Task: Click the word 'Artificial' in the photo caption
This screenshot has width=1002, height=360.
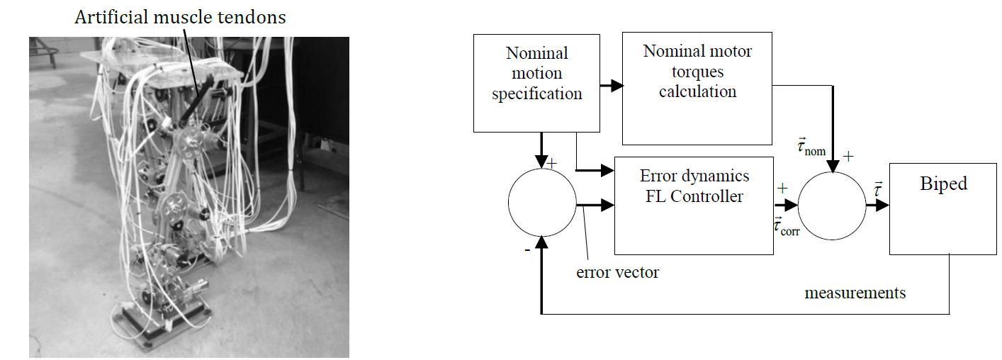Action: [111, 18]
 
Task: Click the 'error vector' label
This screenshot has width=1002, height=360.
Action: [617, 272]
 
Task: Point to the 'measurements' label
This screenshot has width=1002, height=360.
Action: [855, 293]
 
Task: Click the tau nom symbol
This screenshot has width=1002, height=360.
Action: [811, 147]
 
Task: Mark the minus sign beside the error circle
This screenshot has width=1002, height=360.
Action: [527, 250]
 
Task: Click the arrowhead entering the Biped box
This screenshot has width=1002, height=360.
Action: [882, 206]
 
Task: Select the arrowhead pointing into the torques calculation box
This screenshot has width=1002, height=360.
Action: [617, 86]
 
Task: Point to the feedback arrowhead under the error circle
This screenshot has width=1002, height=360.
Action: [541, 242]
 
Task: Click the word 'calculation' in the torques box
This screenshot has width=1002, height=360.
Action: [697, 91]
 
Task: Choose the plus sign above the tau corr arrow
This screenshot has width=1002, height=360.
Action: [782, 189]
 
